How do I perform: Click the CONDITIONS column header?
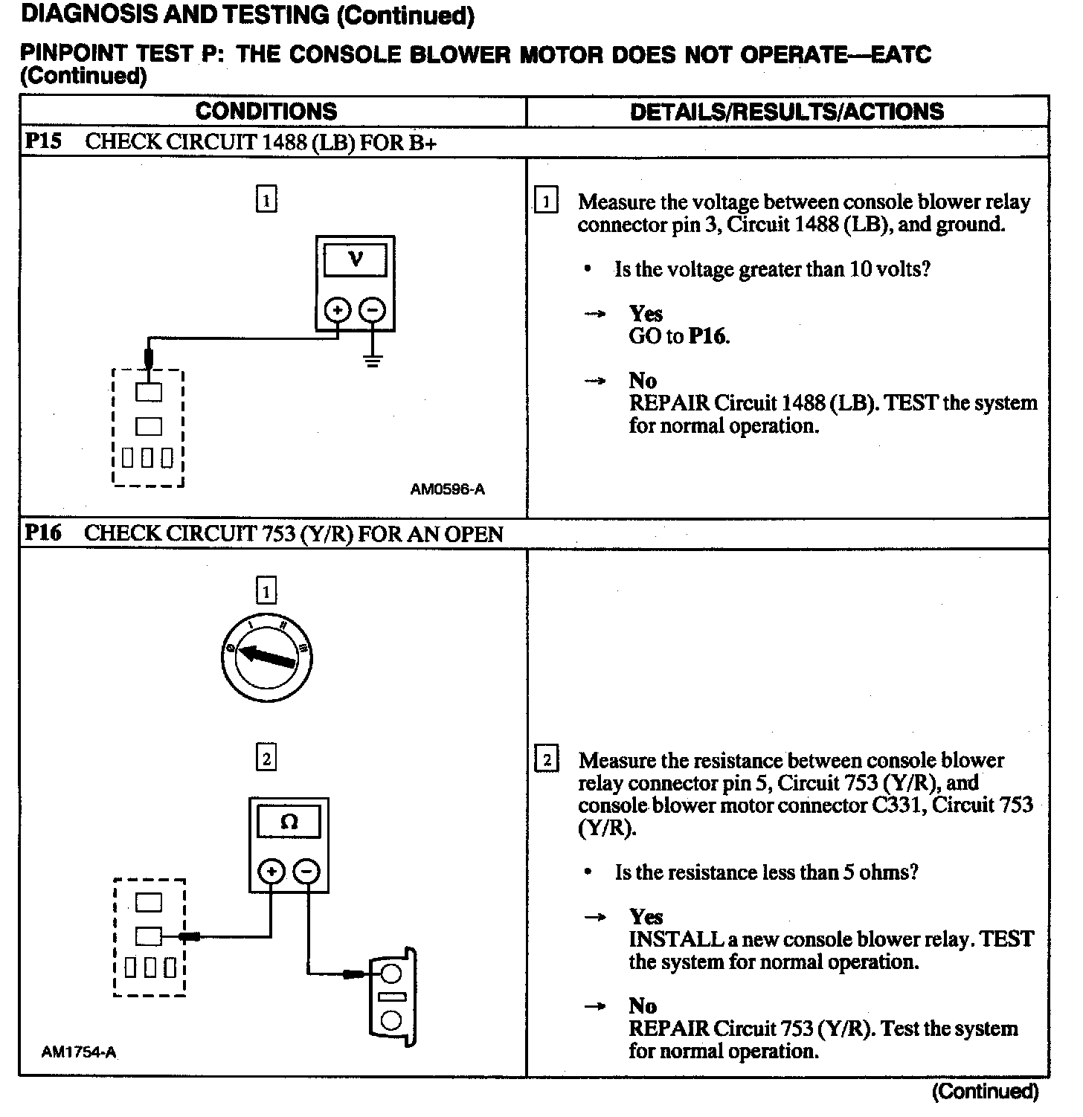point(266,112)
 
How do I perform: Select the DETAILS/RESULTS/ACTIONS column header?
point(786,112)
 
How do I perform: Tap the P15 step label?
point(43,141)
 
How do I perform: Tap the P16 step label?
point(43,532)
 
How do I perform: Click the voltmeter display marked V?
point(356,260)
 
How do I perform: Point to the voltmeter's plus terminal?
point(338,309)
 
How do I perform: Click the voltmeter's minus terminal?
point(373,309)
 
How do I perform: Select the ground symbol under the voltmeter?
point(373,361)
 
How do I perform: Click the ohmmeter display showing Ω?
point(289,823)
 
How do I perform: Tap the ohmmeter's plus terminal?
point(271,871)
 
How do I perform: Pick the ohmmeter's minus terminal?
point(306,871)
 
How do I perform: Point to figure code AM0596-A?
point(447,489)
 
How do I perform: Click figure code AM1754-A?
point(79,1052)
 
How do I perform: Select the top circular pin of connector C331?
point(391,973)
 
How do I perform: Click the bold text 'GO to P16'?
point(679,336)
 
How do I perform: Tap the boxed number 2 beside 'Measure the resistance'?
point(547,760)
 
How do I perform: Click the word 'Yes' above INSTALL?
point(646,916)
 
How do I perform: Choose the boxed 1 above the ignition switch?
point(266,592)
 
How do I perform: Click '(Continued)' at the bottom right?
point(984,1091)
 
